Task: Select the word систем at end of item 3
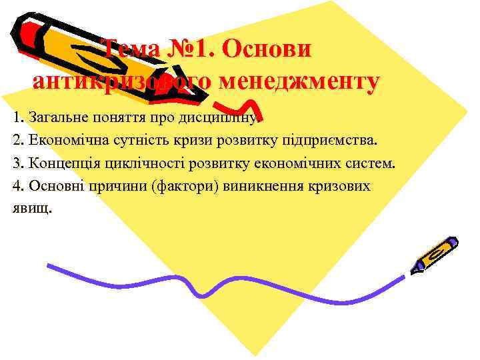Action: (x=373, y=163)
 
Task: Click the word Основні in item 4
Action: (x=49, y=185)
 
